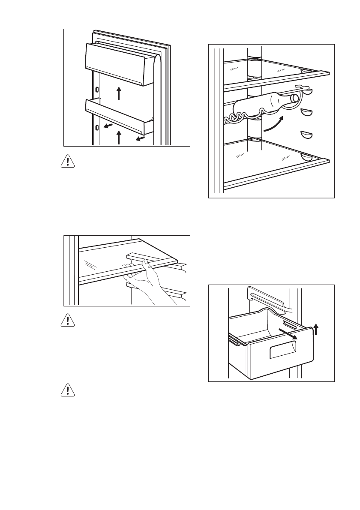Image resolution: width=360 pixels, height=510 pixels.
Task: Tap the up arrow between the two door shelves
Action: (119, 93)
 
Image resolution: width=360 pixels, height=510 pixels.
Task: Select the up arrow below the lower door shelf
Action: (119, 138)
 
